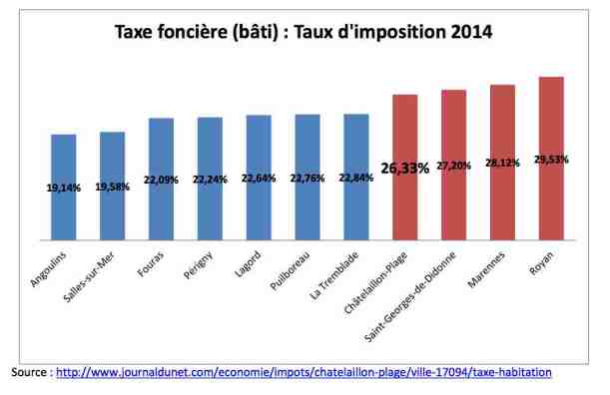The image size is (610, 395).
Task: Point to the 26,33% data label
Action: [404, 169]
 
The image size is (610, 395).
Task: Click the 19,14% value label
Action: [63, 187]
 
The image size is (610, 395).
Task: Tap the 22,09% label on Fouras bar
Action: [161, 180]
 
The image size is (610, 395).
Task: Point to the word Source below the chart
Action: [30, 372]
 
